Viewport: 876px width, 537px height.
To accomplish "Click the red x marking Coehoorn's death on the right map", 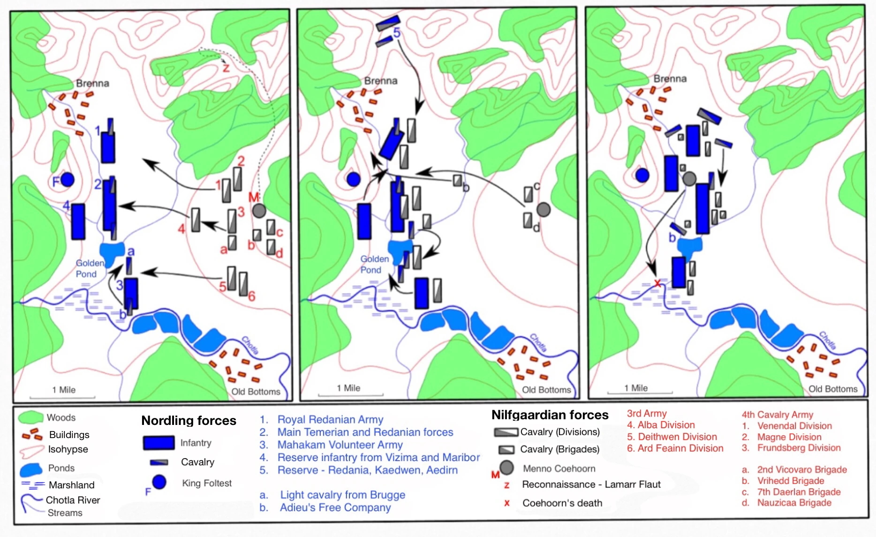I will tap(657, 283).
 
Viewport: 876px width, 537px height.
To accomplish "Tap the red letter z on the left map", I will tap(226, 68).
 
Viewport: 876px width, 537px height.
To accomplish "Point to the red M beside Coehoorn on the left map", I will tap(254, 197).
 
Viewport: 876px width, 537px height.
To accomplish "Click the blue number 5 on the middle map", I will tap(397, 33).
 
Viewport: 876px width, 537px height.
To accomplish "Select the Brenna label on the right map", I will tap(670, 79).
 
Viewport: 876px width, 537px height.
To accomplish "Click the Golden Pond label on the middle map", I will tap(374, 265).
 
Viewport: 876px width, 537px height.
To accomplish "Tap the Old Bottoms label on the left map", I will tap(256, 392).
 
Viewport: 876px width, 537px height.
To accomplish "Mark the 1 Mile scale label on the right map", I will tap(636, 388).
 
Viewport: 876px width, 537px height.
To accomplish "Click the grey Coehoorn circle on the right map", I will tap(689, 178).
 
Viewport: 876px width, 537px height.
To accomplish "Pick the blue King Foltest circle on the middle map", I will tap(353, 179).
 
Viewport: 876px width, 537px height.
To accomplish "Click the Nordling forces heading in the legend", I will tap(189, 420).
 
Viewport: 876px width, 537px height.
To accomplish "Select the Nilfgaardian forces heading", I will tap(550, 415).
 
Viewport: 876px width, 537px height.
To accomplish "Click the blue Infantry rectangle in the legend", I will tap(159, 443).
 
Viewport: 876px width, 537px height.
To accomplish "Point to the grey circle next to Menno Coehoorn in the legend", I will tap(506, 468).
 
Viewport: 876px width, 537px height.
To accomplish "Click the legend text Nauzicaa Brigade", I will tap(794, 503).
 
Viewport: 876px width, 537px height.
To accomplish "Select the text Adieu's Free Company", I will tap(335, 507).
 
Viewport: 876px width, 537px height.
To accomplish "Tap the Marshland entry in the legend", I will tap(71, 485).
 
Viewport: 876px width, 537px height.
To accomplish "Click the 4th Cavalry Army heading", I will tap(777, 415).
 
